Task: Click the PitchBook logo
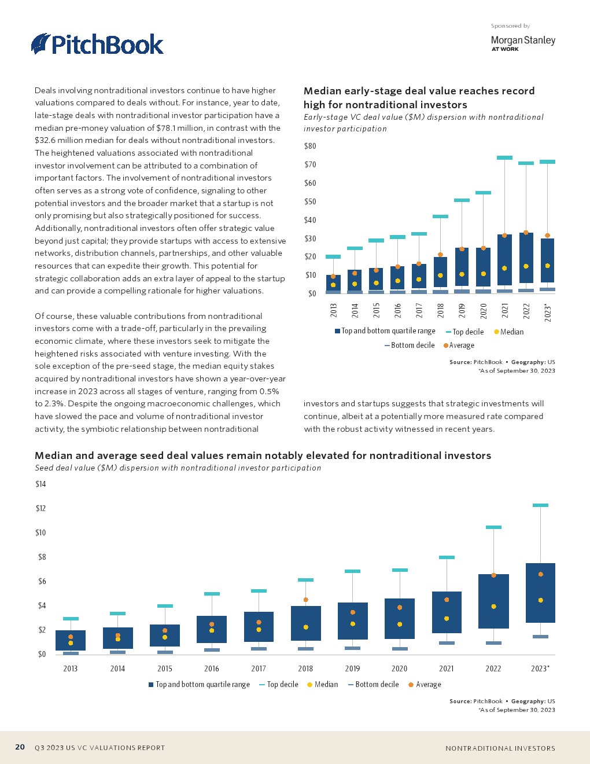pyautogui.click(x=97, y=45)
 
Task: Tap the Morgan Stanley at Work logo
pyautogui.click(x=522, y=43)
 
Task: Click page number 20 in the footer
pyautogui.click(x=20, y=747)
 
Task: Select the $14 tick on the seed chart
pyautogui.click(x=40, y=484)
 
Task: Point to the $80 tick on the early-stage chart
pyautogui.click(x=310, y=146)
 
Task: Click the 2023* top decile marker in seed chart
pyautogui.click(x=540, y=505)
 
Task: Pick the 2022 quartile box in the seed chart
pyautogui.click(x=493, y=601)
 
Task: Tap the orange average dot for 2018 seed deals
pyautogui.click(x=305, y=600)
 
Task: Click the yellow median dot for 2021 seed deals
pyautogui.click(x=447, y=619)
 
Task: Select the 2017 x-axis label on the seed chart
pyautogui.click(x=259, y=668)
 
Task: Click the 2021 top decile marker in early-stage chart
pyautogui.click(x=504, y=157)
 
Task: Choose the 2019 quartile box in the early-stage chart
pyautogui.click(x=462, y=266)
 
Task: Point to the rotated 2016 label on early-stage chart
pyautogui.click(x=398, y=311)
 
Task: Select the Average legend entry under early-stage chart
pyautogui.click(x=458, y=346)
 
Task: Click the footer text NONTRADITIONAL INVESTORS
pyautogui.click(x=500, y=748)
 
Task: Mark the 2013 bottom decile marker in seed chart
pyautogui.click(x=71, y=653)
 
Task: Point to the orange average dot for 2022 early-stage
pyautogui.click(x=526, y=233)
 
